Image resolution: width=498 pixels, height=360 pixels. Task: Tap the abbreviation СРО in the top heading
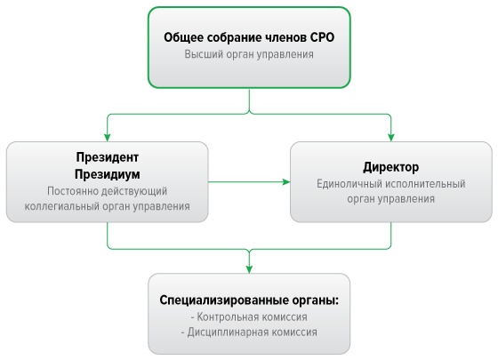[x=322, y=37]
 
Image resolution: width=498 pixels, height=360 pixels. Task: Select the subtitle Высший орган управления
[x=249, y=54]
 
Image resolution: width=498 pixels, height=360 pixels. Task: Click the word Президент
[x=108, y=157]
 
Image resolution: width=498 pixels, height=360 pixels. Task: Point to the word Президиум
[x=108, y=174]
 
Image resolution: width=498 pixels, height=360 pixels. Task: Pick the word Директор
[x=391, y=167]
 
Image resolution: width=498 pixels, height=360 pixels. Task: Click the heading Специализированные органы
[x=249, y=300]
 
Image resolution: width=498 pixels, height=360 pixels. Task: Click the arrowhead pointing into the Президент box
[x=108, y=138]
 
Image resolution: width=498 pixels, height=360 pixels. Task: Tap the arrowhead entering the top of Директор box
[x=391, y=138]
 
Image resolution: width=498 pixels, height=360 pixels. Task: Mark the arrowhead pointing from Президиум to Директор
[x=286, y=182]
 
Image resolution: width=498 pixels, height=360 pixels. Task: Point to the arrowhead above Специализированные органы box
[x=249, y=269]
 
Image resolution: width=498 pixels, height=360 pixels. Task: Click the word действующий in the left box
[x=134, y=191]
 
